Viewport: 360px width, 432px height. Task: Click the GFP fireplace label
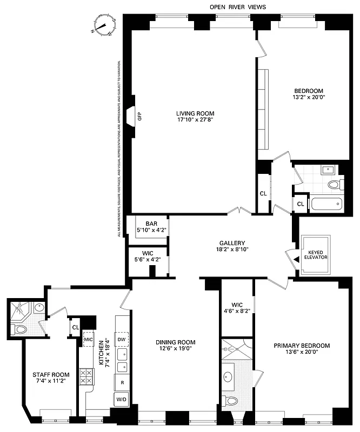click(139, 115)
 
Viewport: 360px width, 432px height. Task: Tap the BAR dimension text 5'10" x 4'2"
click(148, 230)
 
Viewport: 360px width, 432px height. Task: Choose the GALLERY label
click(232, 243)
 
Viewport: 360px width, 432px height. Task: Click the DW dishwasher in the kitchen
click(122, 339)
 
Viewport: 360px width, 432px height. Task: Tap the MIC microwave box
click(89, 339)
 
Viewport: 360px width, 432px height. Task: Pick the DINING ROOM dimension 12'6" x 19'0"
click(175, 349)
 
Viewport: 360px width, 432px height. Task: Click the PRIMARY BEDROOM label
click(301, 346)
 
